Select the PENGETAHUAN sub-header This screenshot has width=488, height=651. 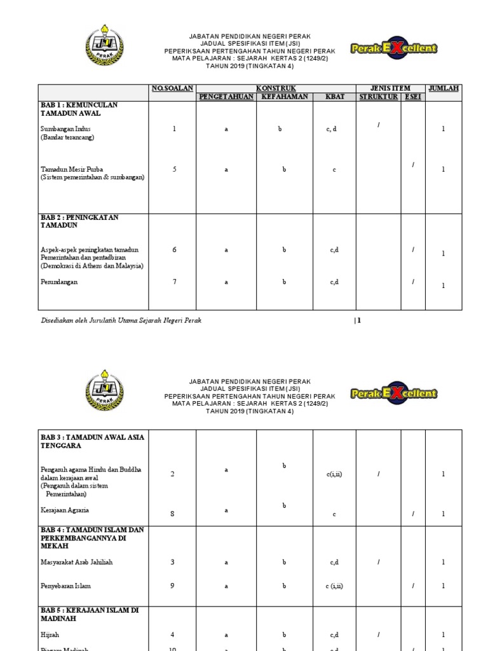[226, 97]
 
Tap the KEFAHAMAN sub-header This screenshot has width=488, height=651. [285, 97]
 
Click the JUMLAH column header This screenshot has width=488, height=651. [444, 88]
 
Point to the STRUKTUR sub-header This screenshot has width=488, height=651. [379, 97]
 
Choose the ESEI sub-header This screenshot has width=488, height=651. [413, 97]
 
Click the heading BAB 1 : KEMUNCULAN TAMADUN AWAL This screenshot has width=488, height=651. [79, 109]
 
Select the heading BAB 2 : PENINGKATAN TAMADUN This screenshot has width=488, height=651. [79, 221]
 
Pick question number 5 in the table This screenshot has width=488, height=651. [173, 169]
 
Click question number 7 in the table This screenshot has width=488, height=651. [173, 282]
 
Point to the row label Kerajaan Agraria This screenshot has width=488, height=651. [64, 509]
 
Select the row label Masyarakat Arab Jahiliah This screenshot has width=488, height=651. [76, 562]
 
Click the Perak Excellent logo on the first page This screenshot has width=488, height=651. [394, 48]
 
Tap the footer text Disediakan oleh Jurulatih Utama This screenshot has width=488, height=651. [121, 320]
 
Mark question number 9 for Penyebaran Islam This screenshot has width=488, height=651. [172, 586]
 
